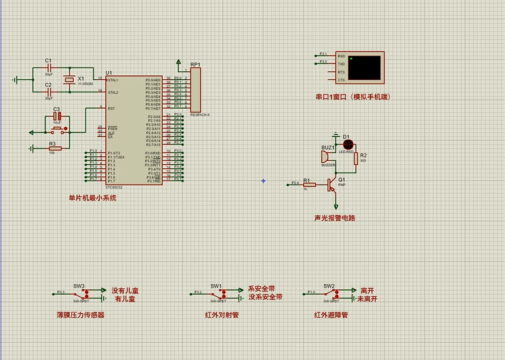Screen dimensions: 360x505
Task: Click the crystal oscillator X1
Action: [x=69, y=80]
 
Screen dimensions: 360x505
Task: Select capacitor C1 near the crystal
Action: [x=49, y=67]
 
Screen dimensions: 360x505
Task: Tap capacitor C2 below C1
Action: [x=49, y=92]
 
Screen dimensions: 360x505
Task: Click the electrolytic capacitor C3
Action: [x=57, y=116]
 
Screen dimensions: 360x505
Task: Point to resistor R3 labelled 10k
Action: [x=54, y=148]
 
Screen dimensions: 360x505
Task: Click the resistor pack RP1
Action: [x=194, y=90]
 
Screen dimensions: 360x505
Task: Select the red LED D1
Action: [x=348, y=144]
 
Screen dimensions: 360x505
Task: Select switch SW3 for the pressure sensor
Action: [x=82, y=292]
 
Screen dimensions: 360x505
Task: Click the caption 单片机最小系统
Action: [x=92, y=198]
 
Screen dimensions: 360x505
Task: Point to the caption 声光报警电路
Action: [x=335, y=218]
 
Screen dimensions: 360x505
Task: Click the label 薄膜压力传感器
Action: [x=80, y=315]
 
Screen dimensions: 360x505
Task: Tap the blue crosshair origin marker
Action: [x=263, y=181]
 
